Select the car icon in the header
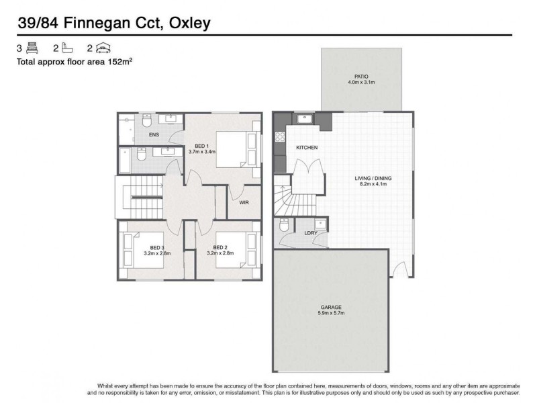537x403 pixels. [103, 48]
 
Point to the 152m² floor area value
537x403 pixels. [119, 61]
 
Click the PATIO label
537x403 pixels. [361, 77]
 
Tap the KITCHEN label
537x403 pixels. [307, 147]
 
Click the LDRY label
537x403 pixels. [310, 233]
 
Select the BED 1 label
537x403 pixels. [201, 146]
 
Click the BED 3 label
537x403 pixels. [156, 247]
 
